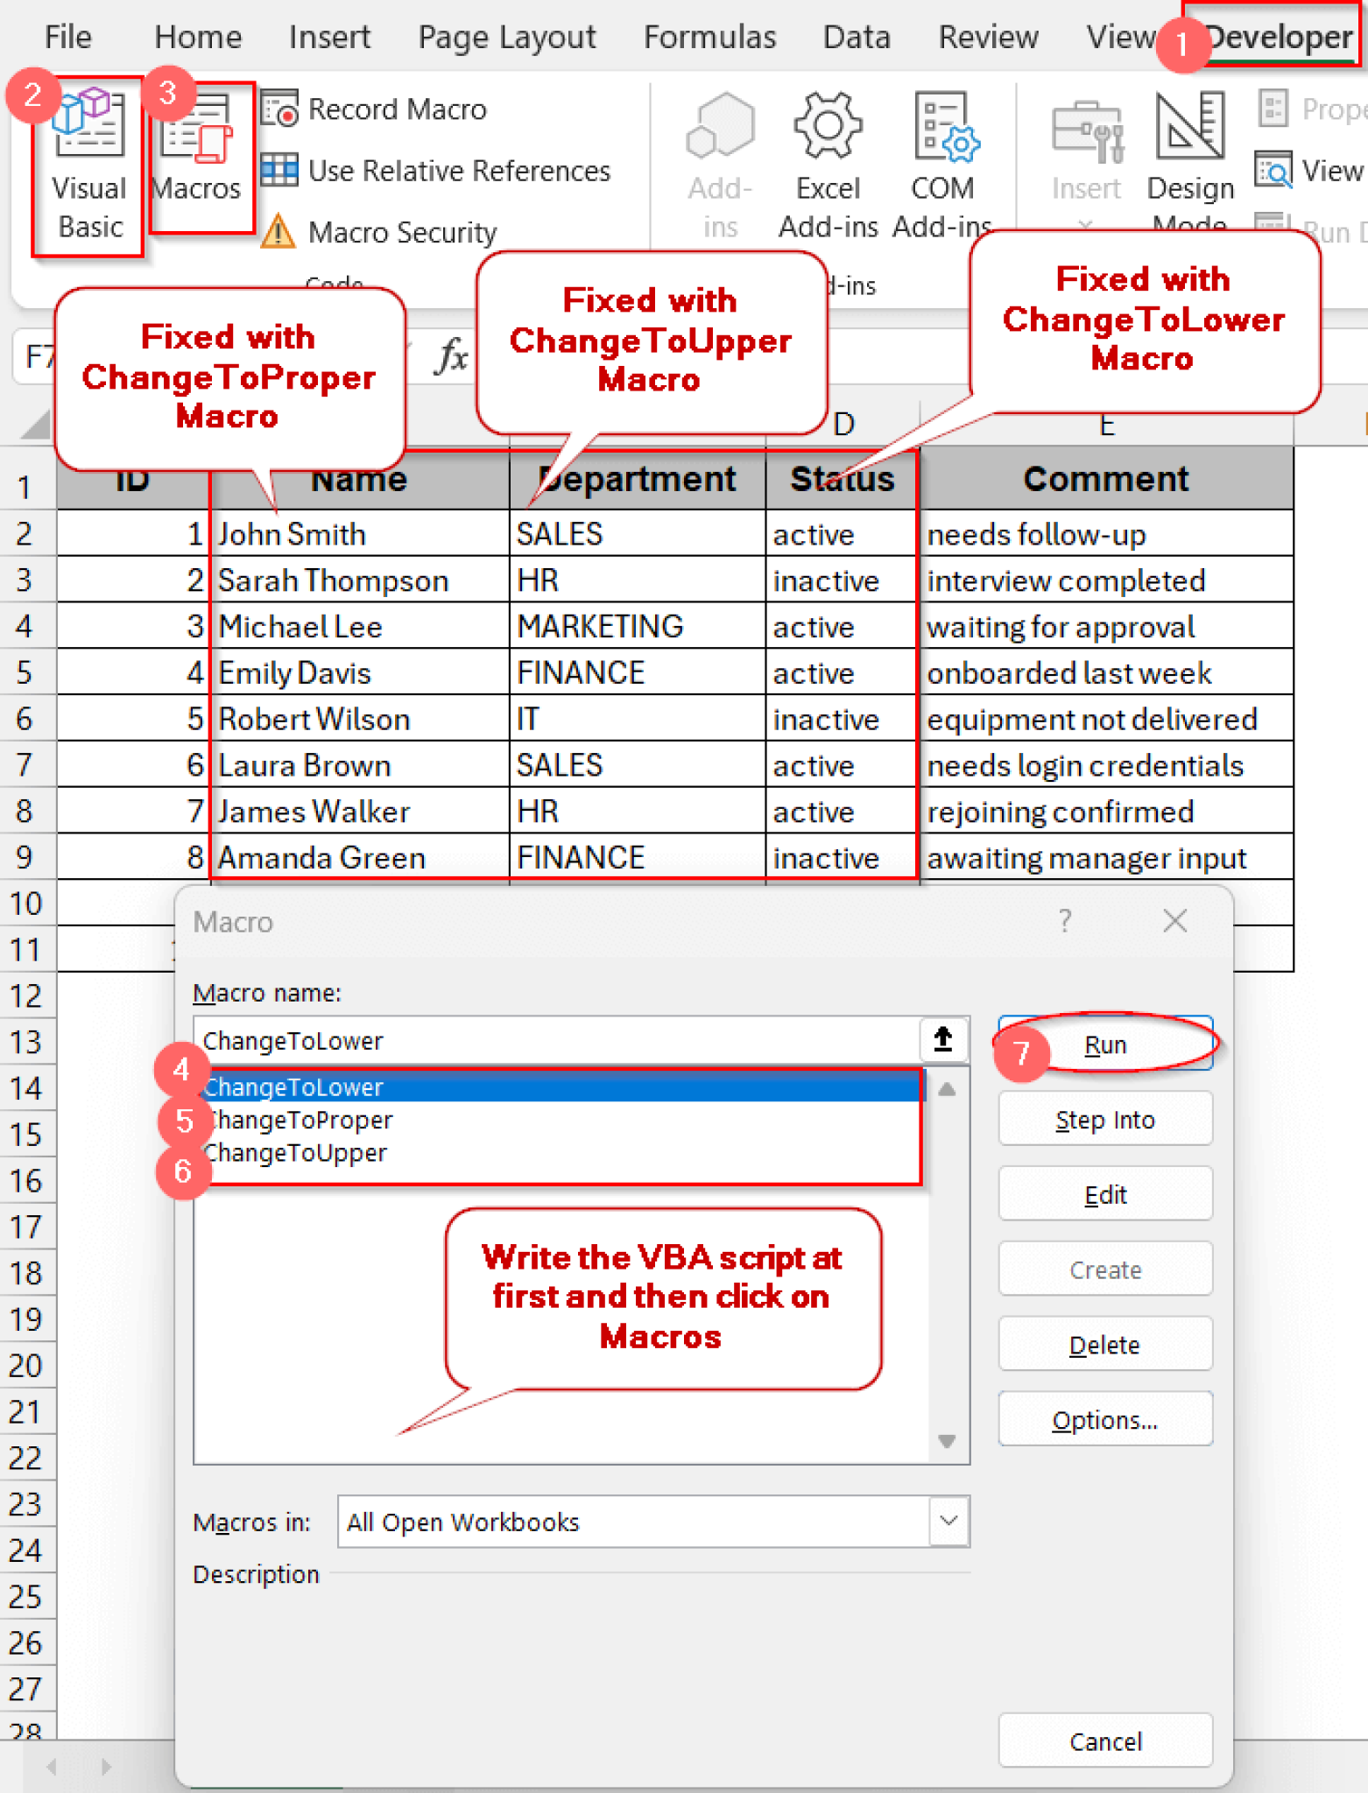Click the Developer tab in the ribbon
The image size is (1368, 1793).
click(x=1279, y=37)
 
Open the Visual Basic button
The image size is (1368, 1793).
click(x=88, y=166)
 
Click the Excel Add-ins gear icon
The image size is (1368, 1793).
click(x=828, y=127)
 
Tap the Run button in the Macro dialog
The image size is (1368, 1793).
click(x=1105, y=1044)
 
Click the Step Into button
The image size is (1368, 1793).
click(x=1105, y=1120)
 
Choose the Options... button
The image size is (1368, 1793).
click(x=1105, y=1420)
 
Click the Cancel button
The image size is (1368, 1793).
click(x=1105, y=1741)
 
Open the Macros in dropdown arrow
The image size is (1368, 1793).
click(x=948, y=1522)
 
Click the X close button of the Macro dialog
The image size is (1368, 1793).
click(x=1174, y=921)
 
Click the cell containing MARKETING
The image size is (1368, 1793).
click(x=601, y=627)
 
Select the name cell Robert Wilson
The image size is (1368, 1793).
click(x=314, y=720)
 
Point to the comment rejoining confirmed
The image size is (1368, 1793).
click(x=1061, y=812)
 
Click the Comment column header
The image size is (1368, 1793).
click(x=1105, y=479)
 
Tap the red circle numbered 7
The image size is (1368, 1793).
click(x=1021, y=1053)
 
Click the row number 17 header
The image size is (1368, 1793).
click(x=26, y=1227)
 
